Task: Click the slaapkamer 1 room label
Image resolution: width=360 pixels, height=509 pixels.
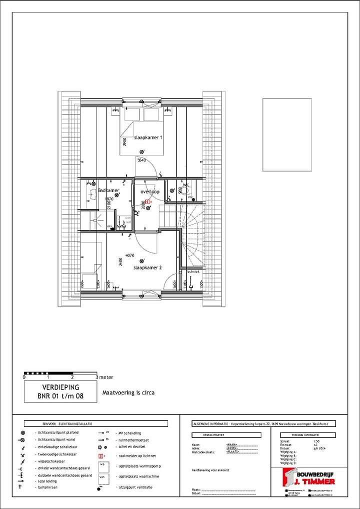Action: point(148,137)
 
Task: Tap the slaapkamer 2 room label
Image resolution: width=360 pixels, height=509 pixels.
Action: point(147,268)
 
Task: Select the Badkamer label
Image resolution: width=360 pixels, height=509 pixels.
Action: point(108,190)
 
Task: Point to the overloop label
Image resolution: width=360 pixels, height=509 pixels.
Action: point(149,191)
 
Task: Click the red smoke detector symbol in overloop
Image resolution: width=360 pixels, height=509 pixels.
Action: point(147,202)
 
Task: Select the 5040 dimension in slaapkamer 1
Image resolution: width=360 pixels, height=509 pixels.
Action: point(141,160)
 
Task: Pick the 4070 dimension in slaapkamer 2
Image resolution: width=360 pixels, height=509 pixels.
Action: point(130,255)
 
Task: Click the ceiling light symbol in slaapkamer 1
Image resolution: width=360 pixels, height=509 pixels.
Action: point(142,151)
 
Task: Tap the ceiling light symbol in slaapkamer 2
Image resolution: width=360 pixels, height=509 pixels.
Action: point(142,260)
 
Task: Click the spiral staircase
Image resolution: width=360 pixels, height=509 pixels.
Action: point(192,235)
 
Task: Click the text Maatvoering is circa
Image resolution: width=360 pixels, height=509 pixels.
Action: point(128,393)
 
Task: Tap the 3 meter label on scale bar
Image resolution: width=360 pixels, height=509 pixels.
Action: point(105,377)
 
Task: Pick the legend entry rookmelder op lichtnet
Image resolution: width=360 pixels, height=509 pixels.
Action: point(135,456)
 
